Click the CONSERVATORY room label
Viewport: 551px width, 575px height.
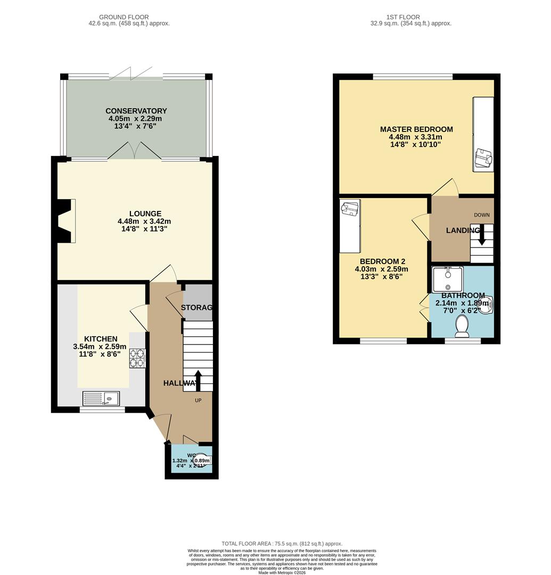click(136, 111)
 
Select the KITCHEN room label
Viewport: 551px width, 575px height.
click(101, 339)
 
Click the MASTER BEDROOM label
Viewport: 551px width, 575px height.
click(416, 129)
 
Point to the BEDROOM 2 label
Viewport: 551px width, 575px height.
click(382, 261)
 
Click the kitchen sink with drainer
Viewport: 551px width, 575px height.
click(101, 398)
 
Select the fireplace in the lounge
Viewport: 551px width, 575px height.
click(65, 221)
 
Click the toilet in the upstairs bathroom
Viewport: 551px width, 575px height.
click(462, 325)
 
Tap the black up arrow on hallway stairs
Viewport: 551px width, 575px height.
click(198, 380)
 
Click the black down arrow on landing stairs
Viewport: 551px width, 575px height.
click(482, 235)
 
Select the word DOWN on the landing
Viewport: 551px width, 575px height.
click(481, 215)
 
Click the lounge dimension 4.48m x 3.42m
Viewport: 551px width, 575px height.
click(144, 221)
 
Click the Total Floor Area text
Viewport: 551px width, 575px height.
click(275, 543)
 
